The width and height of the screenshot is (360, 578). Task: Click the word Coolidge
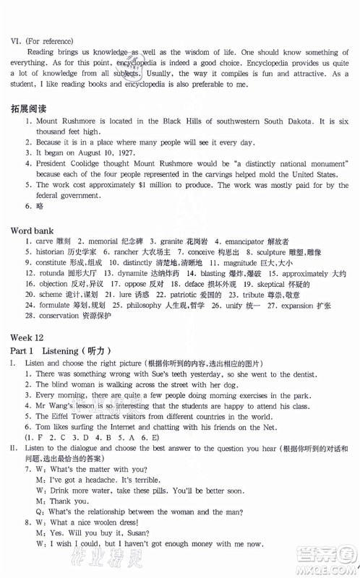pyautogui.click(x=83, y=164)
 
